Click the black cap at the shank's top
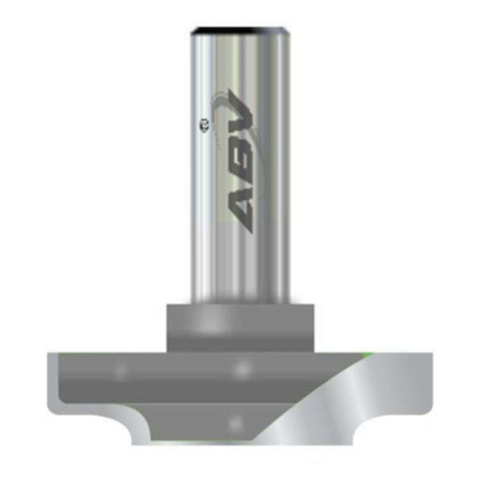(239, 31)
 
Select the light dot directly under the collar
(241, 370)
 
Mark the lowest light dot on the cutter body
(237, 422)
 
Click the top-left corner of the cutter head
(50, 354)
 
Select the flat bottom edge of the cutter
(240, 447)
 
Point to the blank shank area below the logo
(240, 265)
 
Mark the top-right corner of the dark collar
(314, 306)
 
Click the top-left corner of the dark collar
(167, 306)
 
